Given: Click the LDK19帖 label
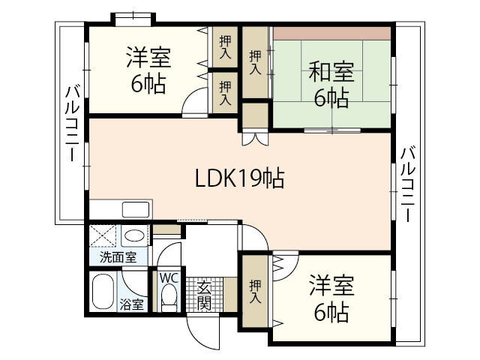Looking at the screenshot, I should (239, 178).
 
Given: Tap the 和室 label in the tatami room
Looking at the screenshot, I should (331, 73).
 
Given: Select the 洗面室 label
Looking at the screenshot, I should (118, 257).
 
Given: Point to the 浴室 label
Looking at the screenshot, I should (132, 304).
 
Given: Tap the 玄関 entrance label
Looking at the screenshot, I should (205, 295).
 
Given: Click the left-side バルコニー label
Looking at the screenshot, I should (72, 124).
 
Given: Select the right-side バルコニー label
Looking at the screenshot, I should (407, 183).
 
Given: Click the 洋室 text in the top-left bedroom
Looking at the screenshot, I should (148, 57).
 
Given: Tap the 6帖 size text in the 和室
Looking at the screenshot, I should (331, 97).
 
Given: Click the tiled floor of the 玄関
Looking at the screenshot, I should (205, 295).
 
